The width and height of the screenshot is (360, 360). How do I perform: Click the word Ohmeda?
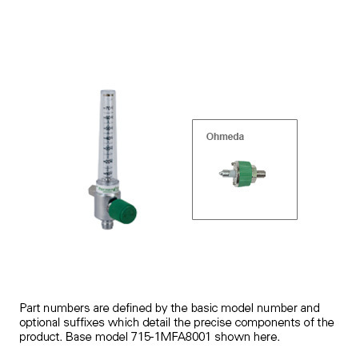225,137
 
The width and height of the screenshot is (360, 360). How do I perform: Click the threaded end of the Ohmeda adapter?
261,172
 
